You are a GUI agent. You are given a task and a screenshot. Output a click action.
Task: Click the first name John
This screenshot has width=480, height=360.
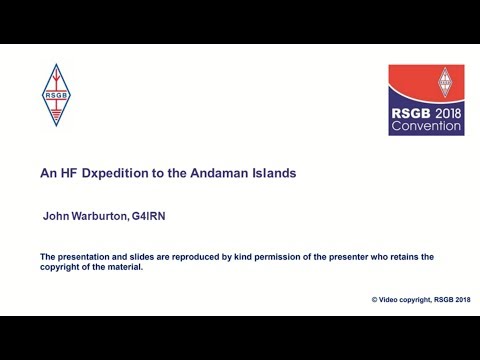(56, 215)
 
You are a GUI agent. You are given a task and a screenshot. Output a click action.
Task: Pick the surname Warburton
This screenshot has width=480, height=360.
(102, 215)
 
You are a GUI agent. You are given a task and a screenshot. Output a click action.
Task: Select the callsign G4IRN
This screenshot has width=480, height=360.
(158, 215)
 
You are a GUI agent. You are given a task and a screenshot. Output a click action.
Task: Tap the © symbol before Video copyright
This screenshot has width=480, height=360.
(374, 299)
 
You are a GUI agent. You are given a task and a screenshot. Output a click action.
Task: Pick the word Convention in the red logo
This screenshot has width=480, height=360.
(426, 127)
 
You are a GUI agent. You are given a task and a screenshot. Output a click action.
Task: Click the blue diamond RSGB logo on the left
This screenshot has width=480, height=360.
(56, 95)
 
